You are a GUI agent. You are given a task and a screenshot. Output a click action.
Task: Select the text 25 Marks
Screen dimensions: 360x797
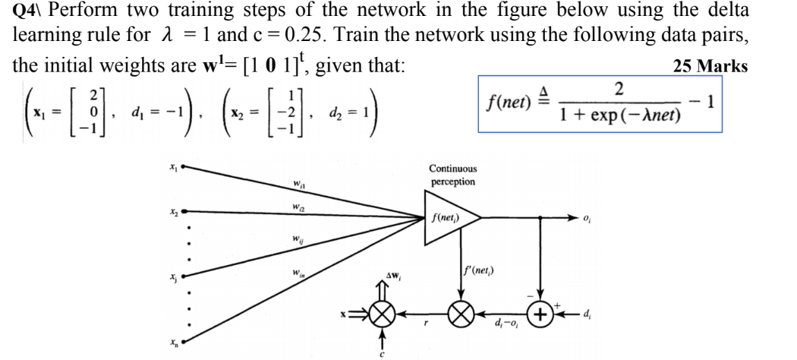pos(710,66)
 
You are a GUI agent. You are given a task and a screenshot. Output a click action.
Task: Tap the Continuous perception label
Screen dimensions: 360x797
pos(452,175)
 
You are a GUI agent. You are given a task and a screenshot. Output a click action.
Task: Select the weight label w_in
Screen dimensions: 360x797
pos(297,274)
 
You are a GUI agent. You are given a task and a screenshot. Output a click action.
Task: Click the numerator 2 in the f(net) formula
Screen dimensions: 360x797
pos(618,89)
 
